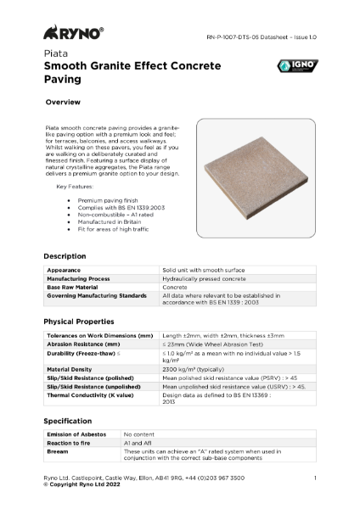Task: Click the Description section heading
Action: (65, 256)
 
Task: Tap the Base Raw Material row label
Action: (76, 287)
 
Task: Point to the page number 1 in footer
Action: (315, 478)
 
